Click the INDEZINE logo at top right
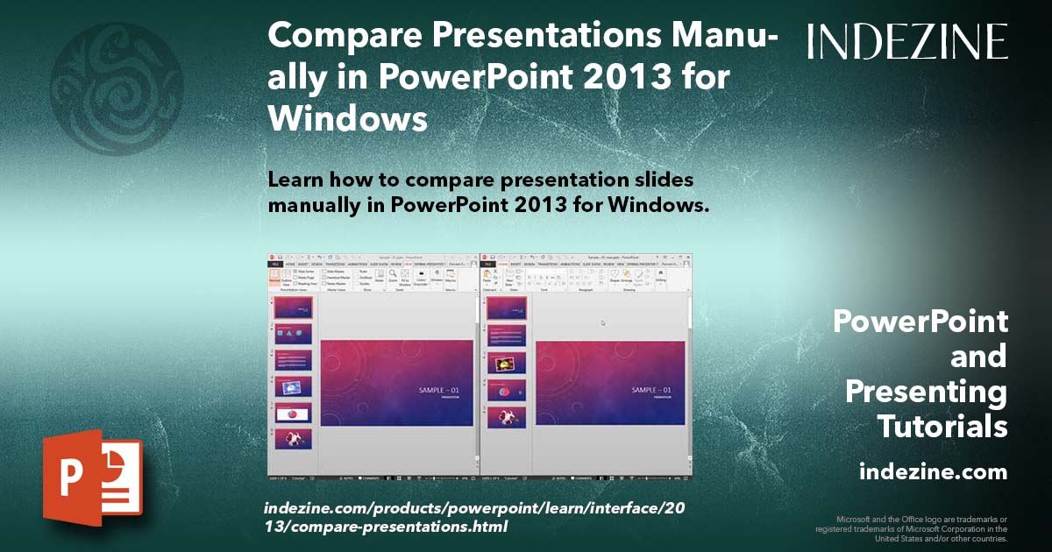click(x=907, y=41)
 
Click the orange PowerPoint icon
click(x=93, y=477)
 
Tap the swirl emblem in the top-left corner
click(x=117, y=76)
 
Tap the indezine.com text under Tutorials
click(x=933, y=472)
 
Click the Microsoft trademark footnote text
click(x=911, y=528)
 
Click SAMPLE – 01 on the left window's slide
click(x=439, y=390)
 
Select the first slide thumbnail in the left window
click(x=293, y=308)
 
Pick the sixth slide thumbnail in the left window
click(x=293, y=438)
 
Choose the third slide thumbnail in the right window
click(x=507, y=363)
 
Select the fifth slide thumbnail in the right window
click(x=507, y=417)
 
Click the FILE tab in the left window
click(x=274, y=263)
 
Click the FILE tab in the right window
click(x=488, y=263)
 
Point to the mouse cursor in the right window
click(x=603, y=323)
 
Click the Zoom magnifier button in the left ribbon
click(x=392, y=275)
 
